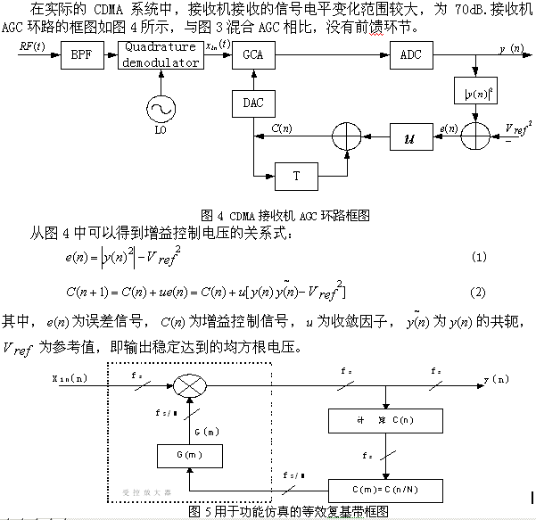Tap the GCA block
[x=252, y=56]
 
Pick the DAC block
[x=252, y=103]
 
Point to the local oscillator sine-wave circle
[x=161, y=108]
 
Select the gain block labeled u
[x=410, y=138]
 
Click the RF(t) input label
[x=33, y=42]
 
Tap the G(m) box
[x=187, y=457]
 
